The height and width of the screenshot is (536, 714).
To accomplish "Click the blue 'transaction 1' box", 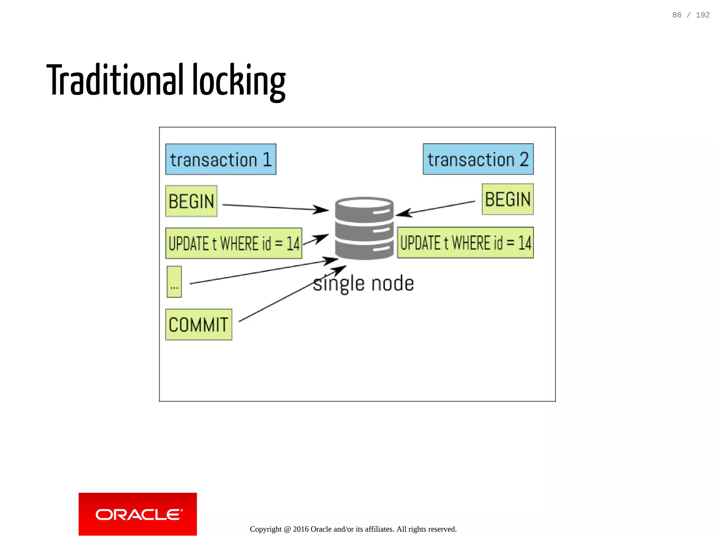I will tap(220, 159).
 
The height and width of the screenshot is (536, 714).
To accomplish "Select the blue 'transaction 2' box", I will tap(478, 159).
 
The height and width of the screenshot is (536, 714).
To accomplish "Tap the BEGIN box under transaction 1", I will tap(191, 201).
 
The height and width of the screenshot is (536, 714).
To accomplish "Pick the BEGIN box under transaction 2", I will tap(507, 199).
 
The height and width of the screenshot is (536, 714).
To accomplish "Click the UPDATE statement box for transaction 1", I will tap(234, 243).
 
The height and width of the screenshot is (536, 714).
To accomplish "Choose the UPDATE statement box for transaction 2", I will tap(465, 243).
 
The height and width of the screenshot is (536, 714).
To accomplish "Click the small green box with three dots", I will tap(174, 282).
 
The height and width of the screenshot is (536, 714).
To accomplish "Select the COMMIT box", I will tap(198, 324).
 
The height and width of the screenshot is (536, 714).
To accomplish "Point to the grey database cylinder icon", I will tap(364, 228).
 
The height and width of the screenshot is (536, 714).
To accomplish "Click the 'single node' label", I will tap(363, 283).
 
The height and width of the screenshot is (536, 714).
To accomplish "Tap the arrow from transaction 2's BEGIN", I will tap(436, 208).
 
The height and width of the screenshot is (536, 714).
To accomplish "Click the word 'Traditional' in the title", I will tap(115, 80).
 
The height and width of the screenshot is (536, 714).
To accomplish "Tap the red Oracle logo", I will tap(137, 514).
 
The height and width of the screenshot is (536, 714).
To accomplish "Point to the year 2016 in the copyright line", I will tap(301, 529).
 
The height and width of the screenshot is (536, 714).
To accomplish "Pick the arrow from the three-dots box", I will tap(261, 272).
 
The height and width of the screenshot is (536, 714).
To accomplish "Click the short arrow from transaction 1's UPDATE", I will tap(315, 240).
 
